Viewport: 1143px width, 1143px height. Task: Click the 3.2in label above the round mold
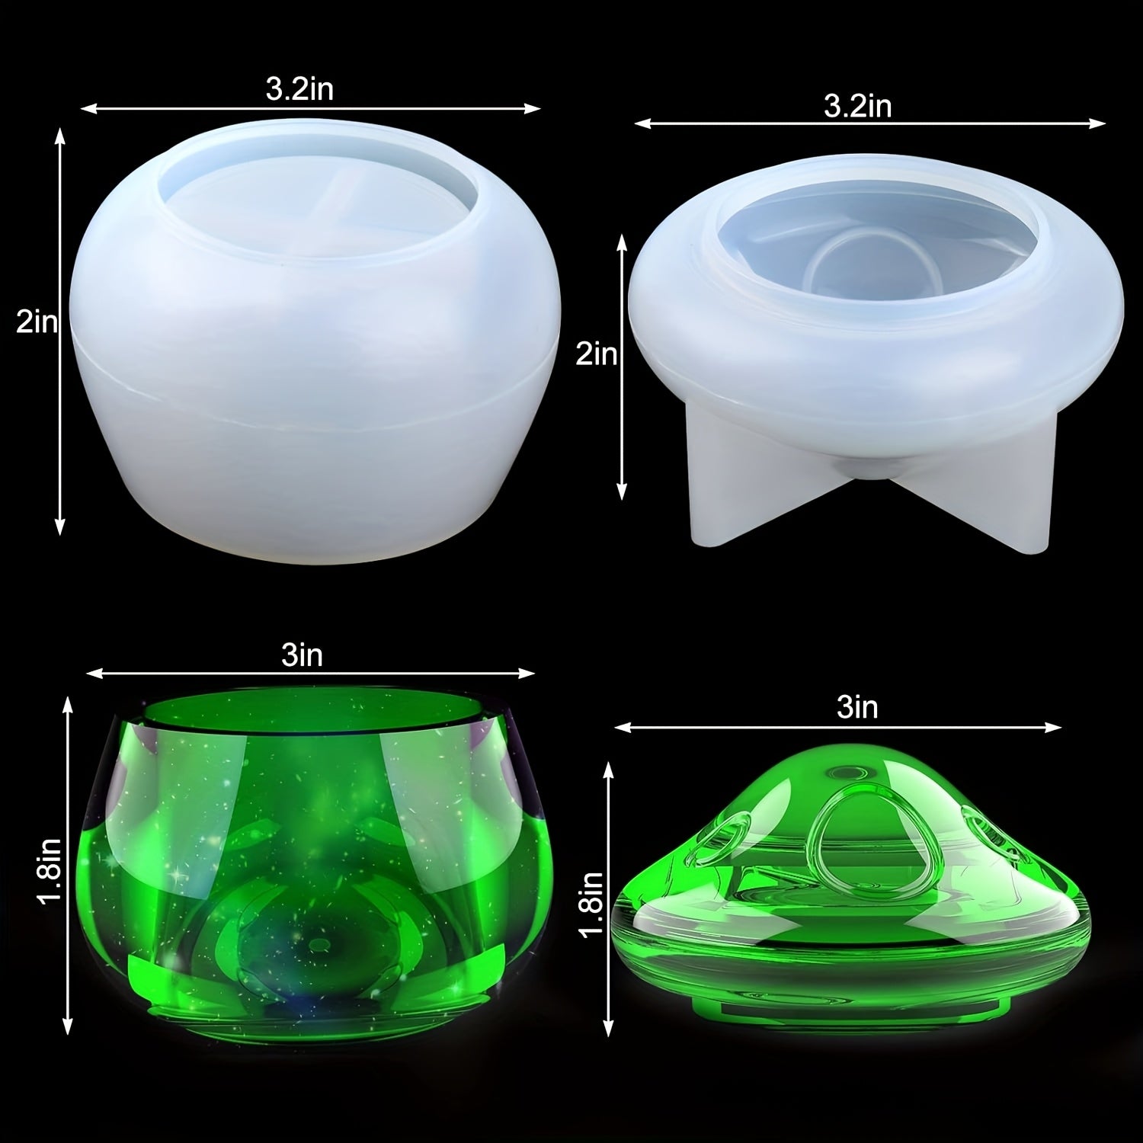pos(299,90)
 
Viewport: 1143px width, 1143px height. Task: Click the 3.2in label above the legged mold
pos(857,106)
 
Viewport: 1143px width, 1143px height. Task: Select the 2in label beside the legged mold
pos(596,354)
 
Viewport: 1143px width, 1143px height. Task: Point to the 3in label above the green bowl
pos(302,655)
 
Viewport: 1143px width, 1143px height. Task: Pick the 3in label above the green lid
pos(857,708)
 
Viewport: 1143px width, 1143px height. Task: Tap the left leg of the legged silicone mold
pos(728,495)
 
